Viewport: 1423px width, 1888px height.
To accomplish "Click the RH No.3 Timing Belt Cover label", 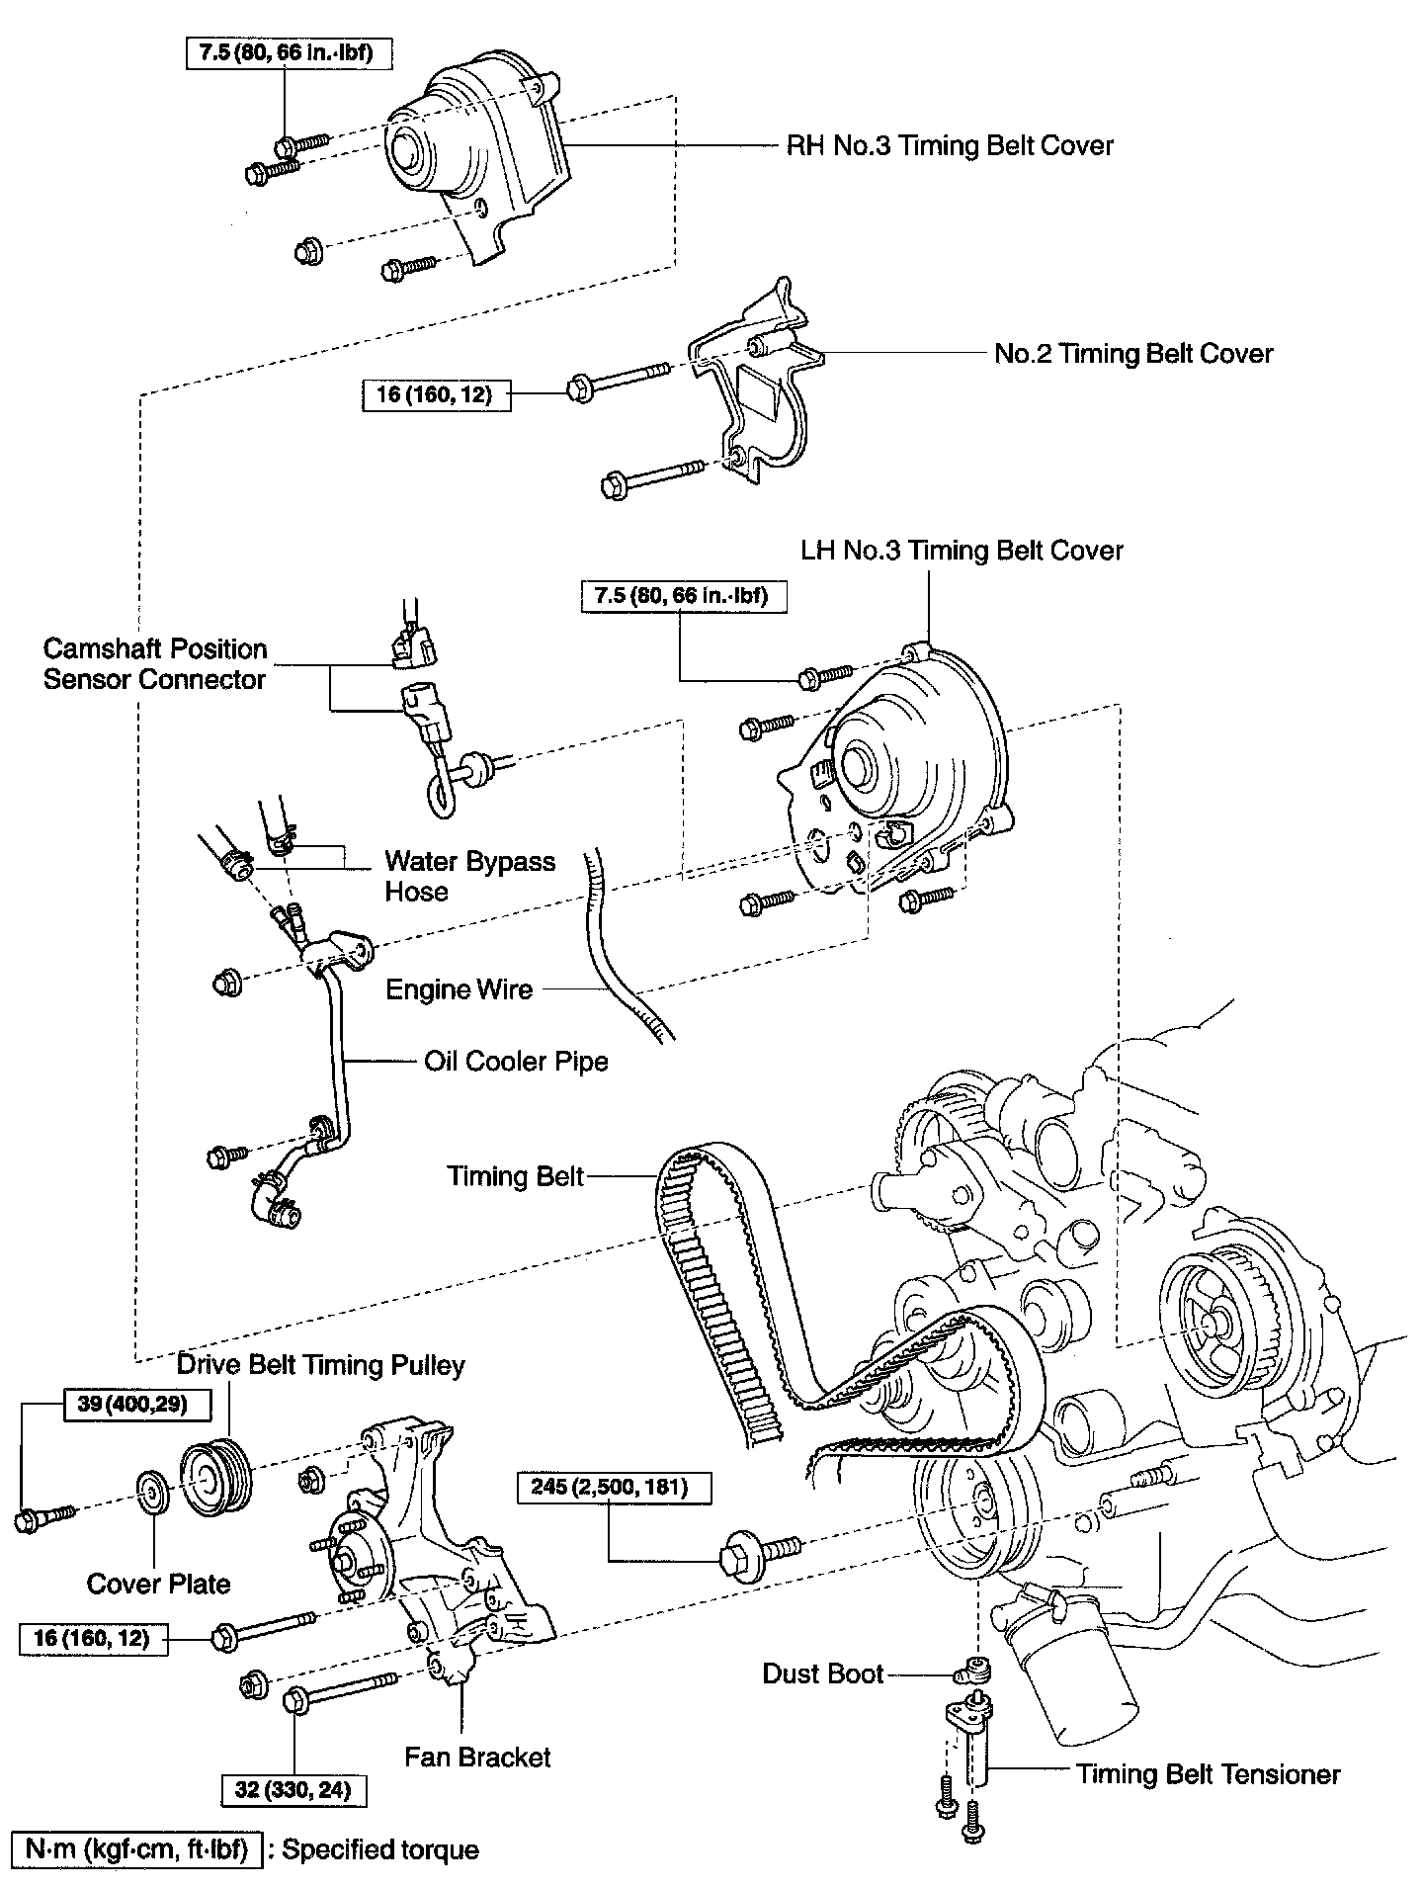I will click(x=950, y=146).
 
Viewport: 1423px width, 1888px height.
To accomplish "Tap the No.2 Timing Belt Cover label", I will click(x=1133, y=354).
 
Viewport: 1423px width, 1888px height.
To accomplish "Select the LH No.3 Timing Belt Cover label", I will click(x=962, y=551).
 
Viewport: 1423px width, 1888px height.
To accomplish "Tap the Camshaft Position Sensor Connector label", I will click(x=155, y=664).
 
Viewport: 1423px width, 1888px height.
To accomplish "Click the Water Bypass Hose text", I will click(x=469, y=876).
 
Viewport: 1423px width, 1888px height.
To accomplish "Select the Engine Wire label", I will click(x=459, y=989).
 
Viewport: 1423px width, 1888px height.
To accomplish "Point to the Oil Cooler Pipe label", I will click(x=516, y=1062).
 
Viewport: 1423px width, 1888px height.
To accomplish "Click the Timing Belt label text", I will click(x=515, y=1176).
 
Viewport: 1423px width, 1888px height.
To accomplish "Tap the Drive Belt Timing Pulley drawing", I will click(x=216, y=1480).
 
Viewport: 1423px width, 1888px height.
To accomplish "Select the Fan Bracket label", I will click(x=477, y=1757).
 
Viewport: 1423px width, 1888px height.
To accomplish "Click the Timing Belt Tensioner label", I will click(x=1208, y=1774).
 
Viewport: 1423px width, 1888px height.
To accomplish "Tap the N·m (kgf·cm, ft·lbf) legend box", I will click(x=136, y=1849).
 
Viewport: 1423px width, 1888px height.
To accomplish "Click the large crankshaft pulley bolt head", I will click(x=739, y=1552).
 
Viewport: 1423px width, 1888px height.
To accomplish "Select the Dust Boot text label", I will click(x=822, y=1673).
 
